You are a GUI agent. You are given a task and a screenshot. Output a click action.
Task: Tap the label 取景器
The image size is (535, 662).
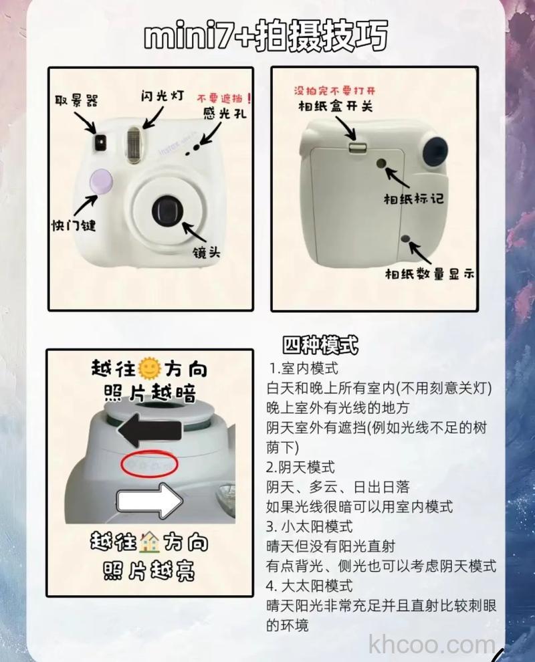click(76, 100)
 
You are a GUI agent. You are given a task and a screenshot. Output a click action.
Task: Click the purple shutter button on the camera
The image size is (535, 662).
click(102, 181)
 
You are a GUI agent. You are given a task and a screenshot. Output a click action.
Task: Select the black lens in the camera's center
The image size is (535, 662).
click(164, 210)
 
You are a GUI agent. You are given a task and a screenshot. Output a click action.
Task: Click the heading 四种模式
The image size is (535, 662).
click(320, 346)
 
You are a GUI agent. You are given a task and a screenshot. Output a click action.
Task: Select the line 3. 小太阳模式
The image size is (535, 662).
click(309, 527)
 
